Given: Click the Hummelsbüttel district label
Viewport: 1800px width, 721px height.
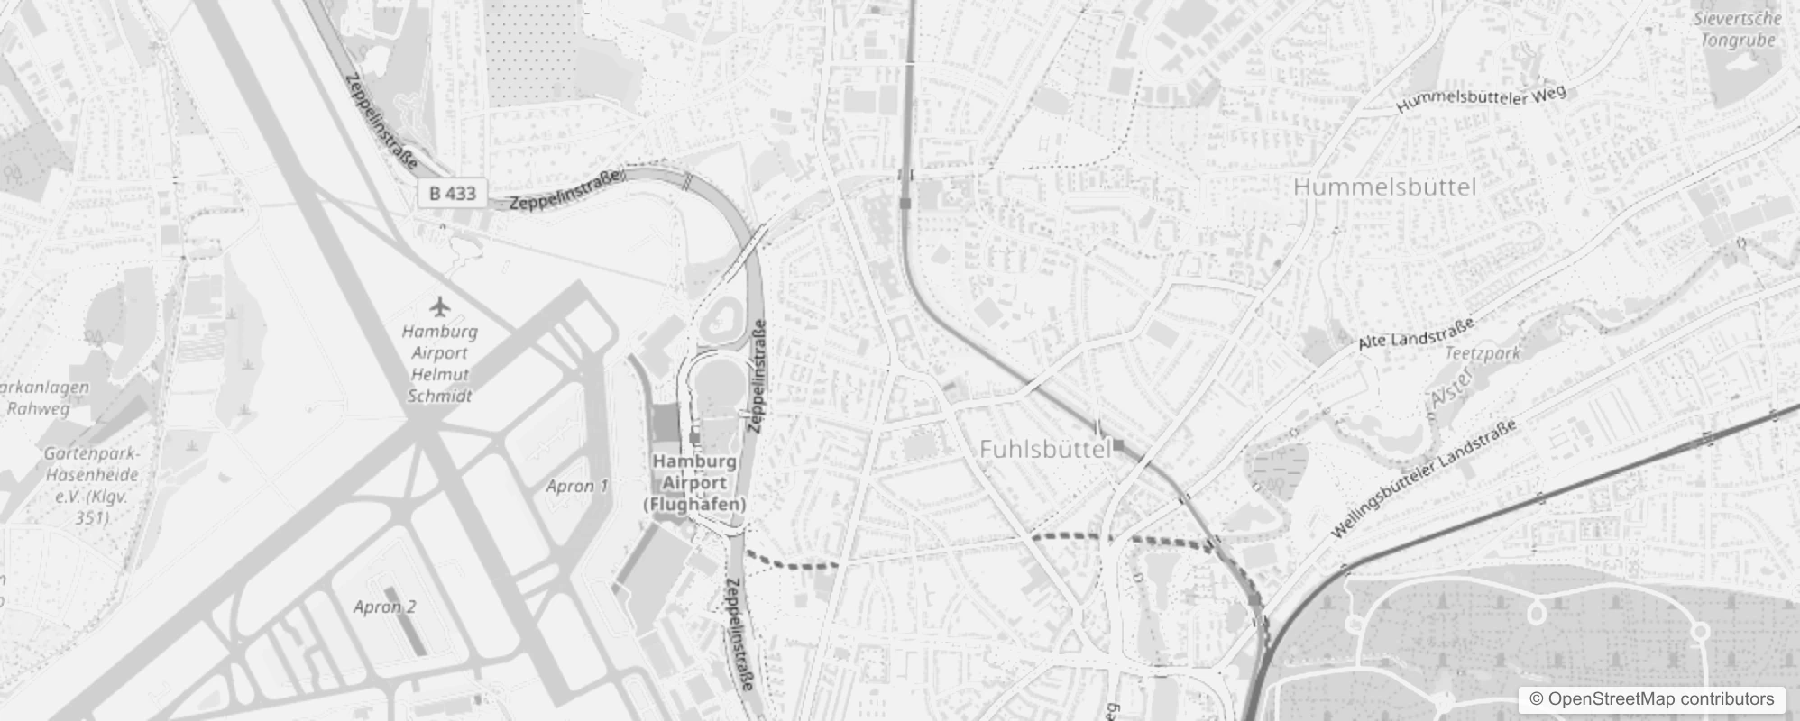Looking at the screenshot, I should point(1384,187).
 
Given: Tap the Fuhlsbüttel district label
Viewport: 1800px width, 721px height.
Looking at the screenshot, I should point(1044,449).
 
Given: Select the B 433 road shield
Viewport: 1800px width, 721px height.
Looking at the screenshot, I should point(453,193).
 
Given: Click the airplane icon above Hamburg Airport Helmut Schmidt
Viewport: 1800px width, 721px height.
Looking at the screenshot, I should point(440,306).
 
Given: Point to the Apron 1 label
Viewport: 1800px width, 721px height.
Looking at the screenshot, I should point(577,487).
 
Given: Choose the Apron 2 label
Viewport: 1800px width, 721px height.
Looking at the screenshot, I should point(385,607).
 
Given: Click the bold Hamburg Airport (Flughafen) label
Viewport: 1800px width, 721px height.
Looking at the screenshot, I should point(694,482).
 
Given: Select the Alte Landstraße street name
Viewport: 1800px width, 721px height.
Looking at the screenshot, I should point(1416,332).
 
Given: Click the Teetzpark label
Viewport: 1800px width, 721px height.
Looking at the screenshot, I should point(1483,353).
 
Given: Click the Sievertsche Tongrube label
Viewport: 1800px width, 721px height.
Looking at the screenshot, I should point(1737,29).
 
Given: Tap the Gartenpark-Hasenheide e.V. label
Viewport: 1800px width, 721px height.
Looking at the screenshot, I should point(92,485).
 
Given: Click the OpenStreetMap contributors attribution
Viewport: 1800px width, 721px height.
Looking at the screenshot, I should point(1651,699).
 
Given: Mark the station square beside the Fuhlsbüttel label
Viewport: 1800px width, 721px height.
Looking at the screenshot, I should point(1118,444).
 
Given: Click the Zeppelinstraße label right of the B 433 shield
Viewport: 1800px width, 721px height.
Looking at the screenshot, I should point(566,191).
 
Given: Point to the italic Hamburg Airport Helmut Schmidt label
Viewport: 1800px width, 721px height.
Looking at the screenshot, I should point(440,363).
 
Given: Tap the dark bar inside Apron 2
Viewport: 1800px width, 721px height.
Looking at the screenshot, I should point(410,633).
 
